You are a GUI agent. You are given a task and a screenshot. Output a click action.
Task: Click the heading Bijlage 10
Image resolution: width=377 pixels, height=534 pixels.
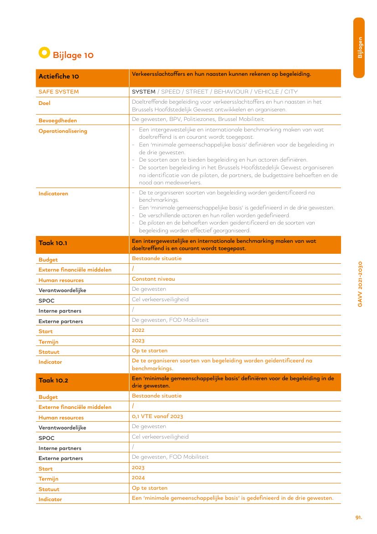coord(73,55)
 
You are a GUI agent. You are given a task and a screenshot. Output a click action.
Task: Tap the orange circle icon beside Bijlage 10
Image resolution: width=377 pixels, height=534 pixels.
coord(44,53)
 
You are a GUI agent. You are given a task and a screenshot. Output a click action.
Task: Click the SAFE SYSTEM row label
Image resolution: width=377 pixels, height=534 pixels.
coord(58,92)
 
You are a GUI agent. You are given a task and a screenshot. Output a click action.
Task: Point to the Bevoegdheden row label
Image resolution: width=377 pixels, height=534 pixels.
coord(57,120)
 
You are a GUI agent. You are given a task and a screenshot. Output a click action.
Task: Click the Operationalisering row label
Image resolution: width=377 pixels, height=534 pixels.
coord(62,131)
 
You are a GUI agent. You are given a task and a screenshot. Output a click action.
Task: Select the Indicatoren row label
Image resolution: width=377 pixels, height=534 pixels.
coord(53,194)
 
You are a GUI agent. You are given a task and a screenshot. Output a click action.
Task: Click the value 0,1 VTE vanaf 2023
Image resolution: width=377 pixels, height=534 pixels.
coord(157,416)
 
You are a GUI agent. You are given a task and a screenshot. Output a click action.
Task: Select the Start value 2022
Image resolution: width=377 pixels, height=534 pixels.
coord(138,330)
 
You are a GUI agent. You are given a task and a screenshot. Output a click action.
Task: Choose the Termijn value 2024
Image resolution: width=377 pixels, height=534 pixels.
coord(138,477)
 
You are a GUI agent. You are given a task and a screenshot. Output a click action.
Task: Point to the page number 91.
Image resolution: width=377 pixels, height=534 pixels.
coord(359,517)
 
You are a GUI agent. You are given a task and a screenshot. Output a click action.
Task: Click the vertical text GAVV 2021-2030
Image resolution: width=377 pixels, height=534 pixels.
coord(360,283)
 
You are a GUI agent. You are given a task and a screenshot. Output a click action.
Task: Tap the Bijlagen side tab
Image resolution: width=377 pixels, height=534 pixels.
coord(360,47)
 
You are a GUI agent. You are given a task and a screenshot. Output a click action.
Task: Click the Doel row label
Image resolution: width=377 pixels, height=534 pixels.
coord(44,103)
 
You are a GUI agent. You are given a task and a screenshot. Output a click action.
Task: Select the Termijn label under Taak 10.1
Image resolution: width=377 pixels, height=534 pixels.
coord(48,342)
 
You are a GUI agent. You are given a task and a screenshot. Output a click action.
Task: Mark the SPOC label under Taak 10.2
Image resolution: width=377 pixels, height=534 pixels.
coord(46,438)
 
